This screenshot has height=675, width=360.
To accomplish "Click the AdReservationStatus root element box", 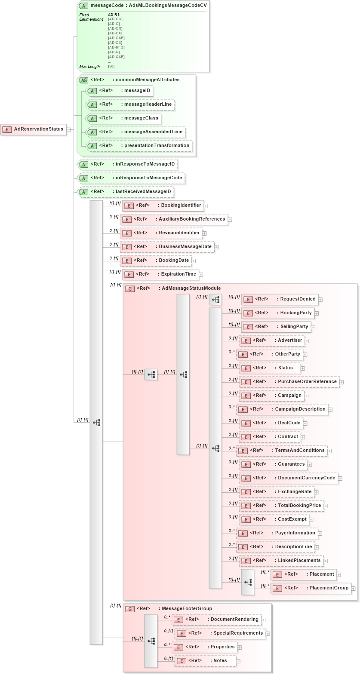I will coord(34,129).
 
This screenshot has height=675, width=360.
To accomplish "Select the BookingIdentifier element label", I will coord(181,206).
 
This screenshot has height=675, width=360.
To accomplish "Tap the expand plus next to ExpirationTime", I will coord(201,275).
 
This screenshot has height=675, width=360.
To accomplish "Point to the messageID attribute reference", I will coord(137,91).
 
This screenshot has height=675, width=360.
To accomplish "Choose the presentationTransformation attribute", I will coord(157,146).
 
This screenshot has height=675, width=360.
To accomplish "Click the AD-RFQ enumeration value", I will coord(116,47).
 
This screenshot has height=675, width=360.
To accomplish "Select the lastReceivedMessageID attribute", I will coord(143,192).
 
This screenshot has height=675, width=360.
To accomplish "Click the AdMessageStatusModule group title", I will coord(191,288).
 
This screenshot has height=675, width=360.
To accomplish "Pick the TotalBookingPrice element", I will coord(299,506).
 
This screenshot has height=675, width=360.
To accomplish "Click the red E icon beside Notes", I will coord(182,661).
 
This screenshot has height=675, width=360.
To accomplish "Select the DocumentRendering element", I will coord(234,620).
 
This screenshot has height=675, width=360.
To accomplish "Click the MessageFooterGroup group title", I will coord(187,609).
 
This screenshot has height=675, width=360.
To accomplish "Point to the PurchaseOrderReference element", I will coord(307,382).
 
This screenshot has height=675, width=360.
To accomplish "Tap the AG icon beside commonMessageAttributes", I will coord(83,80).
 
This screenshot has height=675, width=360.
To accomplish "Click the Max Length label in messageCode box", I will coord(89,67).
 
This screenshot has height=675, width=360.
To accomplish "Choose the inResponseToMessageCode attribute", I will coord(148,178).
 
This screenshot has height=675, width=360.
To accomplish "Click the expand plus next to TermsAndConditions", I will coord(329,451).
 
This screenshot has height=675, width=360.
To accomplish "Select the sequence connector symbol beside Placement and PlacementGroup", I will coord(248,583).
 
